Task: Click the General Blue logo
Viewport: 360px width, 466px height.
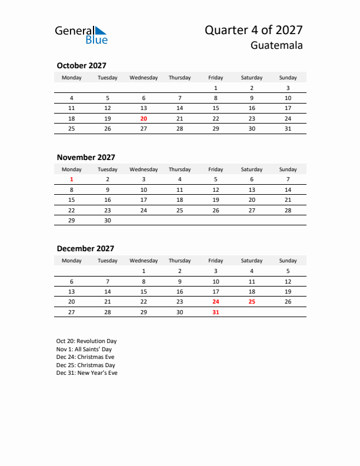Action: click(x=81, y=35)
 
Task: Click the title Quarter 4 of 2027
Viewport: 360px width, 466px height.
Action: click(x=254, y=30)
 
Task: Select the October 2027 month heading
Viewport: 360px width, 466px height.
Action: click(x=81, y=65)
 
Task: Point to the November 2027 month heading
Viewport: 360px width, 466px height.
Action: click(x=86, y=157)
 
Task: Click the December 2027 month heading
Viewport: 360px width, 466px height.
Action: click(x=85, y=248)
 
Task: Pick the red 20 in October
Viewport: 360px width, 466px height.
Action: click(x=144, y=118)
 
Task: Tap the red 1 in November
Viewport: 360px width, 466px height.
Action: click(x=72, y=179)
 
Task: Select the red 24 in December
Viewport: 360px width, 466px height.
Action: click(x=215, y=302)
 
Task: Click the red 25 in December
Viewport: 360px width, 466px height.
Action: click(x=252, y=302)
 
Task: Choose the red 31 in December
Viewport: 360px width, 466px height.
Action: click(x=215, y=312)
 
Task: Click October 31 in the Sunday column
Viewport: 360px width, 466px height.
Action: click(x=288, y=128)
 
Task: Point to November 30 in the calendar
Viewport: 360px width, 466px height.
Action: click(x=108, y=220)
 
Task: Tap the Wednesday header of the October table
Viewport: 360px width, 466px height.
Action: click(x=144, y=78)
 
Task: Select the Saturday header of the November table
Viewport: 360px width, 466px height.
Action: click(x=252, y=169)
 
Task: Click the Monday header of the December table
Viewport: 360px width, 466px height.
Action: click(x=72, y=261)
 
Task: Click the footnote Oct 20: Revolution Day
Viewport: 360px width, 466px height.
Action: click(x=86, y=341)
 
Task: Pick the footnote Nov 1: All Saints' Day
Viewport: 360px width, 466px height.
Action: click(x=84, y=349)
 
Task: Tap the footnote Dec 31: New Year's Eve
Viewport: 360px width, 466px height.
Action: click(x=87, y=373)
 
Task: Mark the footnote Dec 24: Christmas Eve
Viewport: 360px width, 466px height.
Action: click(x=85, y=357)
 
